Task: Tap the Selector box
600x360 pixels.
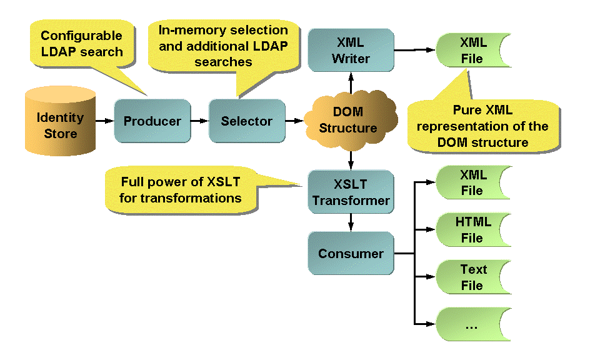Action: (x=246, y=121)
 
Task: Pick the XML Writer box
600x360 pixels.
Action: (x=351, y=50)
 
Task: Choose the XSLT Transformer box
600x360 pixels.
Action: (x=351, y=192)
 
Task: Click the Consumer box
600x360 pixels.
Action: (x=351, y=253)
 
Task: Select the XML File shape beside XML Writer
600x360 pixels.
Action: (x=472, y=51)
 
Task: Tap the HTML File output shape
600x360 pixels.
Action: (x=472, y=229)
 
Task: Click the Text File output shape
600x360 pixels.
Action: (x=472, y=277)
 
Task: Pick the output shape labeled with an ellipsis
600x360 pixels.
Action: (x=472, y=324)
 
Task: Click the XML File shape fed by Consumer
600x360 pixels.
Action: (x=472, y=182)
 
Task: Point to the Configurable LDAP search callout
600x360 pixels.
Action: (x=82, y=44)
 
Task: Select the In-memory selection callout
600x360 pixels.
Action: (x=223, y=46)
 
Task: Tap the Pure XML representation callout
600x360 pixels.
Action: (x=482, y=126)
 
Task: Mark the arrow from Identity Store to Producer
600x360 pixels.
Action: (x=104, y=121)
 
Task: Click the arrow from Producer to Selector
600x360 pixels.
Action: (x=199, y=121)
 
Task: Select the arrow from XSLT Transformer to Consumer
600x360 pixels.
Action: (x=351, y=222)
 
